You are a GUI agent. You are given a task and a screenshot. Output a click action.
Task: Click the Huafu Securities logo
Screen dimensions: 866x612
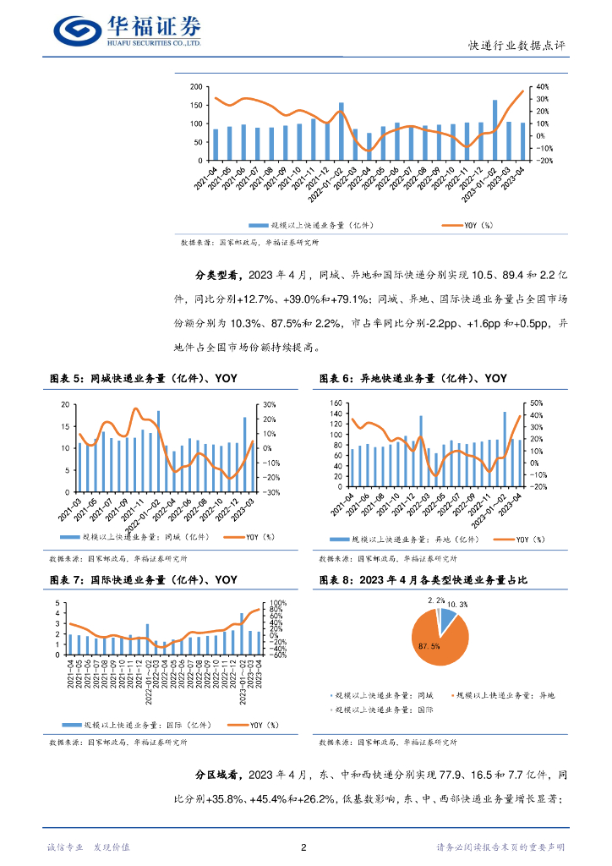(x=127, y=30)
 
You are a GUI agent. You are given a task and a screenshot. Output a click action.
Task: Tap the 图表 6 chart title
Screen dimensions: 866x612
(x=413, y=378)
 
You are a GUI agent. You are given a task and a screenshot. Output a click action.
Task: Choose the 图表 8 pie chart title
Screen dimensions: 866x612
(x=424, y=579)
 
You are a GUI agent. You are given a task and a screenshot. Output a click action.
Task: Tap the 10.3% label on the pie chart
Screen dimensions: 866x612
(x=456, y=605)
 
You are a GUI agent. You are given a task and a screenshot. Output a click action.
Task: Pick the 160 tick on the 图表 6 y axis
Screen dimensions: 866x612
(x=336, y=403)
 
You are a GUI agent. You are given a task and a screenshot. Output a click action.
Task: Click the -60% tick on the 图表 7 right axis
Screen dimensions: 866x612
(x=277, y=654)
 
